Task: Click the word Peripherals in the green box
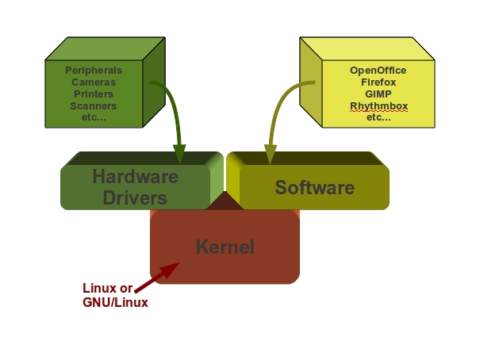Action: tap(93, 71)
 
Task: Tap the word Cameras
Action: tap(93, 82)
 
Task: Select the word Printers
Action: tap(93, 94)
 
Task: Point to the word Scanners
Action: tap(93, 106)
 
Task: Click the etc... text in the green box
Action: tap(93, 117)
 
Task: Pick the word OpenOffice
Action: tap(378, 71)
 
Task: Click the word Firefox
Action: tap(378, 82)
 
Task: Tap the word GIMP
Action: tap(378, 94)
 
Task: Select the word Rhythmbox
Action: tap(378, 106)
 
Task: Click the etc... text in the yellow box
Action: tap(378, 117)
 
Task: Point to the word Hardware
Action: tap(135, 176)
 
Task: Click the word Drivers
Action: tap(135, 197)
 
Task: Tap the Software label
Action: tap(314, 188)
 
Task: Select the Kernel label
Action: tap(225, 247)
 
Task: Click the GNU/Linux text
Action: tap(115, 302)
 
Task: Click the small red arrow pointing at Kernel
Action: tap(156, 278)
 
